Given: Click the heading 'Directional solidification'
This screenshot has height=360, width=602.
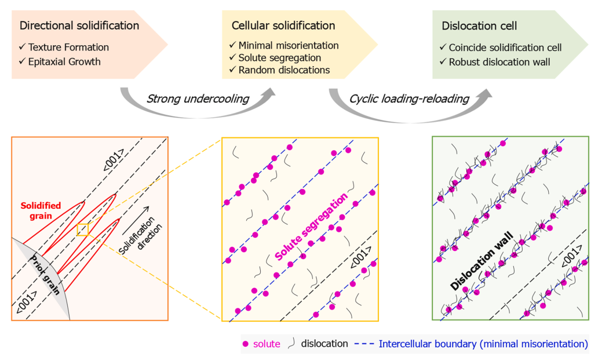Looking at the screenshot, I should [x=79, y=26].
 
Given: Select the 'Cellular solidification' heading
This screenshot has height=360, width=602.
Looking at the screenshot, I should [x=283, y=26].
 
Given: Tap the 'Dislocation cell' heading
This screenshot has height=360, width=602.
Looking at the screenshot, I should [x=479, y=26].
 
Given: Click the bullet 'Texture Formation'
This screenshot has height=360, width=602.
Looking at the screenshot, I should [x=68, y=47].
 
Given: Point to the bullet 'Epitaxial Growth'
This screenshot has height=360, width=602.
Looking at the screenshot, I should [x=64, y=61].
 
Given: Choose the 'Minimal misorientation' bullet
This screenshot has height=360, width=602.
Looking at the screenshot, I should [x=289, y=45].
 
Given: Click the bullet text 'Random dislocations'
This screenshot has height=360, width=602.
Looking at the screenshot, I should [x=284, y=70].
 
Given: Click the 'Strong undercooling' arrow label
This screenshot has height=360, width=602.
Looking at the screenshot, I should [x=198, y=99].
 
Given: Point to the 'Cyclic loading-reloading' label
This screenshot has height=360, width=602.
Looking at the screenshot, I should [x=409, y=99].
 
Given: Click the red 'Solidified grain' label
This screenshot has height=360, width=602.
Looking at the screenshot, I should [x=41, y=210].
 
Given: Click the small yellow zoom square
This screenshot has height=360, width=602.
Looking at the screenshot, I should [x=83, y=230].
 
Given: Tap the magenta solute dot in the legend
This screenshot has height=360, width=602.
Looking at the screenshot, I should [x=246, y=344].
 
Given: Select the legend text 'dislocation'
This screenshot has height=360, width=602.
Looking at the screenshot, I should [x=324, y=344].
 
